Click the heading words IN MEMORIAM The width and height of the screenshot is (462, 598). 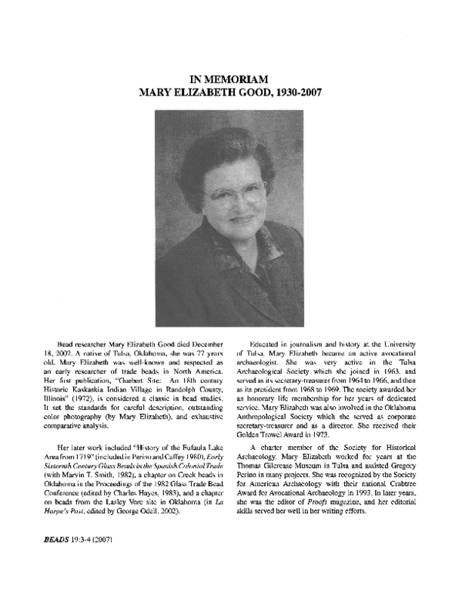231,79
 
